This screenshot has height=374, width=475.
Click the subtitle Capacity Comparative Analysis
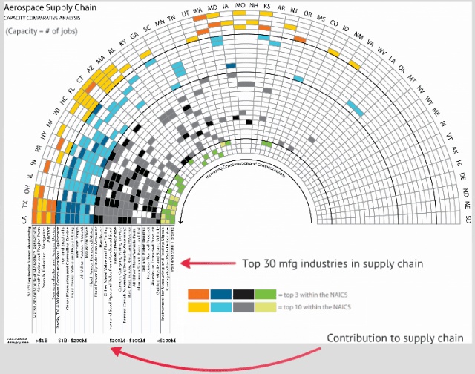pos(41,17)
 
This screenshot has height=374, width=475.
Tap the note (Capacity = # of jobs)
pos(41,32)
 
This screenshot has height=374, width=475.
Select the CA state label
pos(24,219)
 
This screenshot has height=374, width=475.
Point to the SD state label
pos(468,219)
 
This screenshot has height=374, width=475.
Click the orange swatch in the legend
pos(198,294)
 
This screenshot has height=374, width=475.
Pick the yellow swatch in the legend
pos(198,306)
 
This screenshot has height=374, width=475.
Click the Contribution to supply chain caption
pos(395,338)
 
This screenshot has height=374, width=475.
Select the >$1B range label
pos(42,340)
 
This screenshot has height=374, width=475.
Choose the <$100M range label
pos(167,340)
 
